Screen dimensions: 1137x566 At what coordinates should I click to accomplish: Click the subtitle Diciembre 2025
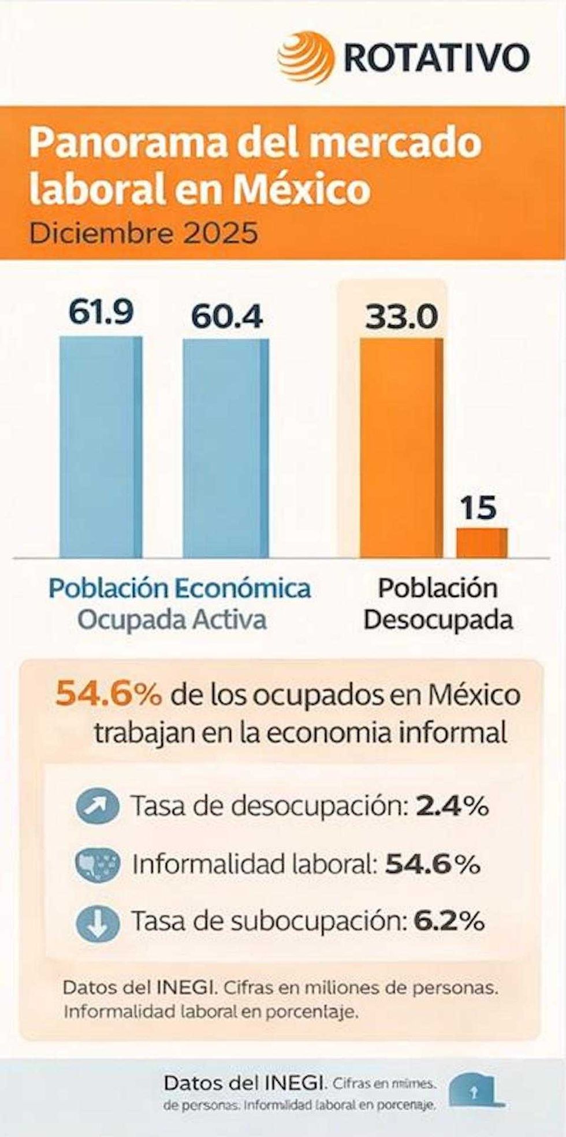point(144,234)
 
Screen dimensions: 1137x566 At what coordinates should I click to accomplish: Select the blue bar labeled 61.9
point(101,447)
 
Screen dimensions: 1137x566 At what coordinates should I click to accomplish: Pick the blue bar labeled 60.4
point(226,448)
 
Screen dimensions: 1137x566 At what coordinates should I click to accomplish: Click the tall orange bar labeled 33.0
point(401,448)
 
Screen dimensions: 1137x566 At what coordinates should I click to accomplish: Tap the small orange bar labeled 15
point(482,543)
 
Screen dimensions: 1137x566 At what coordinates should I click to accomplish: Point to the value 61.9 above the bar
point(101,313)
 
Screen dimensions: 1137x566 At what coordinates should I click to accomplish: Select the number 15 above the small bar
point(478,508)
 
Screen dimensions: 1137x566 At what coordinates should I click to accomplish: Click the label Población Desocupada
point(438,604)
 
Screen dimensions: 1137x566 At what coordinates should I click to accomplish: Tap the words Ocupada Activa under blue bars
point(172,619)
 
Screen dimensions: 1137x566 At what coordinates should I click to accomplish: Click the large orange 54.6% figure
point(109,695)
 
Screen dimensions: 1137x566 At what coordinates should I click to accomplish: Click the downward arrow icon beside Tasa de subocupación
point(98,923)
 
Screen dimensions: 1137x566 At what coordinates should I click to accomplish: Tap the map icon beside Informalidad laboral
point(98,865)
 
